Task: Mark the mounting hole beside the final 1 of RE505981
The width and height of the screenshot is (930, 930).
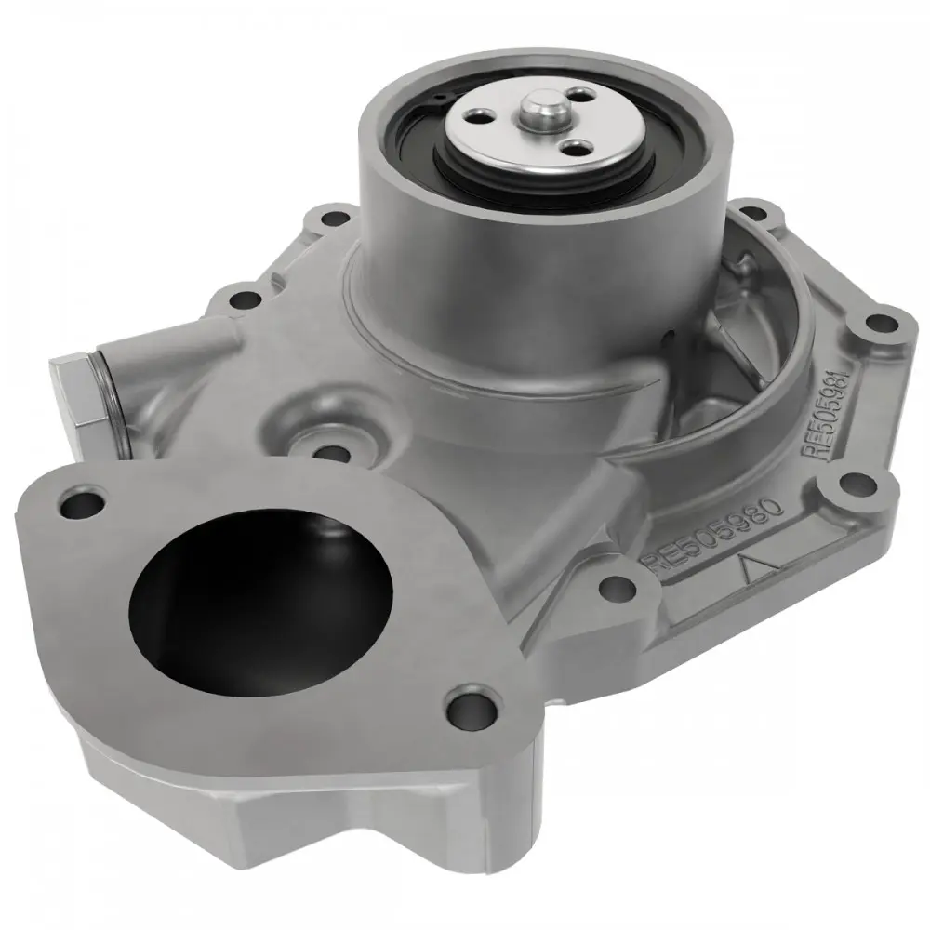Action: click(875, 325)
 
